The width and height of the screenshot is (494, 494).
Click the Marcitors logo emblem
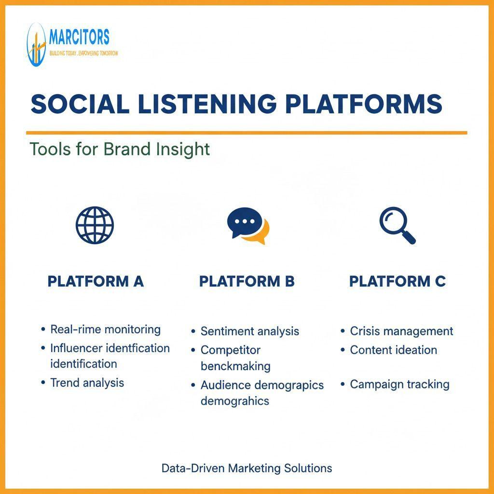(37, 45)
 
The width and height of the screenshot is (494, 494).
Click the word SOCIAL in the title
(80, 104)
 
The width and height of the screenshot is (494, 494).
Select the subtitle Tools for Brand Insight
(120, 149)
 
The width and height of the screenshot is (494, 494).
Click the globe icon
(95, 225)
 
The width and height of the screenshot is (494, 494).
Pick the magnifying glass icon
(398, 225)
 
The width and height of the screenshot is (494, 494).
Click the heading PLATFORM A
(96, 281)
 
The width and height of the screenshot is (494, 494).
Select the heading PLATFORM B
(247, 281)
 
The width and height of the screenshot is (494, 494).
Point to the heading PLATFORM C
(398, 281)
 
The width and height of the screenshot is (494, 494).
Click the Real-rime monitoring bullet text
(106, 329)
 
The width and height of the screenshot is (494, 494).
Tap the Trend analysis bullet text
(87, 383)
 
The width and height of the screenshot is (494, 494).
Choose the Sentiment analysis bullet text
(250, 331)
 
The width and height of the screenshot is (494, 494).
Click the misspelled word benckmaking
(235, 366)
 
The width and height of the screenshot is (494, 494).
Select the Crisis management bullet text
(401, 331)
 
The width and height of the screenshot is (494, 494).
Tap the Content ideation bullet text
(394, 350)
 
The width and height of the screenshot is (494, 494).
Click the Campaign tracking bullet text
(400, 384)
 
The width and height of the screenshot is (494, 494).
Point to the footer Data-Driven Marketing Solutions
(247, 468)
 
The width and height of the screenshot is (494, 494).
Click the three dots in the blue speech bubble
(245, 221)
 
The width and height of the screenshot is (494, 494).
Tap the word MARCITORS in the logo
(80, 37)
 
